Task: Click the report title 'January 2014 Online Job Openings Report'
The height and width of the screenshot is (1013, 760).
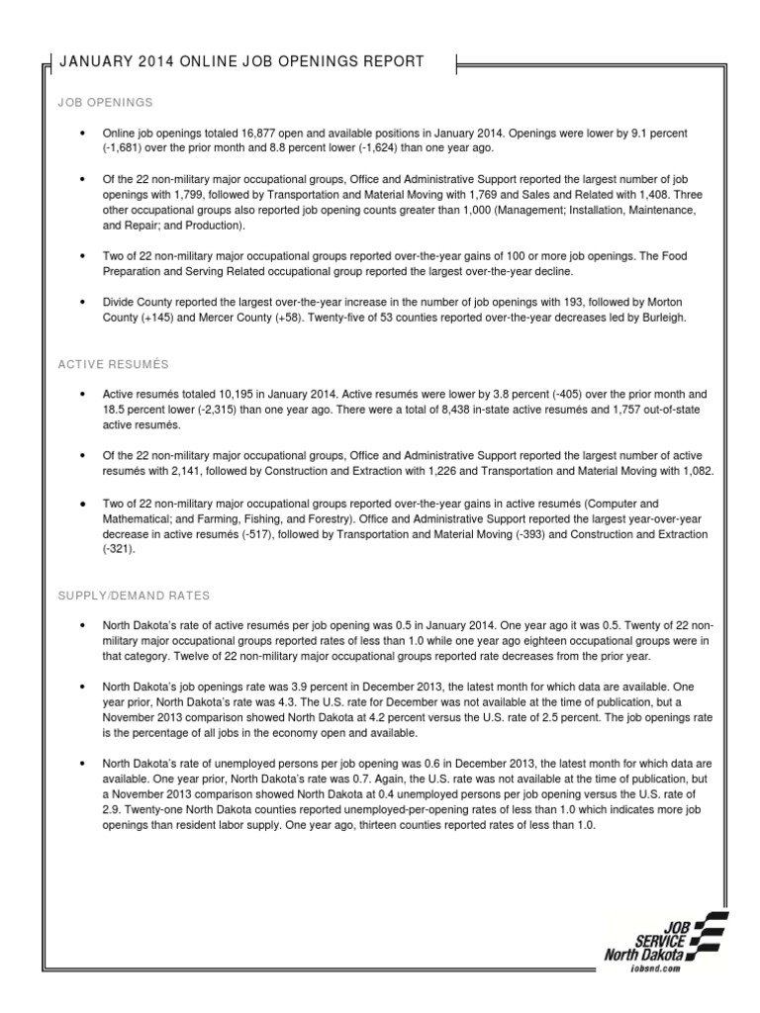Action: [x=242, y=62]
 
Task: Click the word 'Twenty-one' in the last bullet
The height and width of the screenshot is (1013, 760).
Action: [x=137, y=809]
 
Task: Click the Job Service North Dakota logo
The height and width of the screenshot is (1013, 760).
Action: [x=664, y=940]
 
